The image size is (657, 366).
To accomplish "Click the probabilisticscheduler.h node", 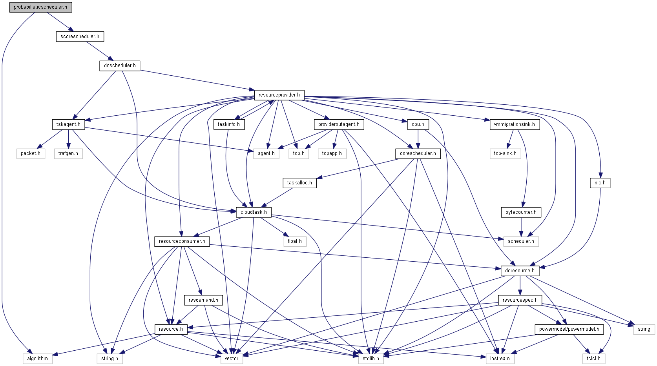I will click(x=40, y=7).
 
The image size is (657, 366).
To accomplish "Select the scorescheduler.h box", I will click(x=80, y=36).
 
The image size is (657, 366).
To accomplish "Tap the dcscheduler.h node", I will click(x=120, y=66).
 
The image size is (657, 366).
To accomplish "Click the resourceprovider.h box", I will click(x=279, y=95).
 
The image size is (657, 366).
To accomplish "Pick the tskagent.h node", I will click(x=68, y=124).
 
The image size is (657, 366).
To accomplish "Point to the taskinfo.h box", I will click(x=229, y=124).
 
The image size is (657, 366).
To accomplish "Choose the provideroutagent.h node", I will click(x=339, y=124).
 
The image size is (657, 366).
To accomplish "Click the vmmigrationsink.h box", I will click(x=514, y=124).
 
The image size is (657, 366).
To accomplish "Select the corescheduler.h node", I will click(x=418, y=153).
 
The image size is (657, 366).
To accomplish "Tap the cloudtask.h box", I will click(x=254, y=212).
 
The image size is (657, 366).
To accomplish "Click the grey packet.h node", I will click(x=31, y=153).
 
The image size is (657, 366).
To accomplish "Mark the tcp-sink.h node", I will click(x=505, y=153).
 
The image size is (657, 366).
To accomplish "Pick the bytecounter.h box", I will click(x=521, y=212).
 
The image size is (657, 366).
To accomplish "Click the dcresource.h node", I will click(x=520, y=271).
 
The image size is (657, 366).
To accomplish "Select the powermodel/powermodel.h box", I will click(x=569, y=329).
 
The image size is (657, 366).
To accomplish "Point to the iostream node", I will click(x=500, y=359).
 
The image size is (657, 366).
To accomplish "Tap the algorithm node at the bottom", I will click(x=37, y=359).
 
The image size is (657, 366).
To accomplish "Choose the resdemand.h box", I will click(x=203, y=300).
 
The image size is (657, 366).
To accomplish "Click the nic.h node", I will click(x=600, y=183).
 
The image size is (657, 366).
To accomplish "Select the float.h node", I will click(x=295, y=241).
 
